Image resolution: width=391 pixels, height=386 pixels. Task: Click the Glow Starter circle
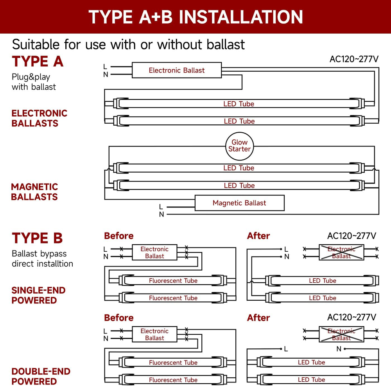(x=239, y=146)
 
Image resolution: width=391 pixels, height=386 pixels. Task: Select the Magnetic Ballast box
(x=239, y=203)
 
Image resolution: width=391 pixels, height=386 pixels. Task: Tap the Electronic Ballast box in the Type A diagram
(x=177, y=70)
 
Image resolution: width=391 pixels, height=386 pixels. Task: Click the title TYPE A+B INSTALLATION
(x=195, y=17)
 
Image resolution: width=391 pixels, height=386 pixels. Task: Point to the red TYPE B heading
(x=37, y=238)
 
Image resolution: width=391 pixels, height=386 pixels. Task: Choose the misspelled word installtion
(x=54, y=263)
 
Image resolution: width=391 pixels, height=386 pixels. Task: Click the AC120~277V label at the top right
(x=354, y=59)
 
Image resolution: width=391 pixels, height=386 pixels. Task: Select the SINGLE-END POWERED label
(x=38, y=295)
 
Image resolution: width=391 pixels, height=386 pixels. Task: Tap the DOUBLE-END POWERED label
(x=41, y=376)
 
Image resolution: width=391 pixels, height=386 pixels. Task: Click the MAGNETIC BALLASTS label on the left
(x=34, y=192)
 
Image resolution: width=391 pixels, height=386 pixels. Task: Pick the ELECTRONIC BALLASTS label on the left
(x=39, y=118)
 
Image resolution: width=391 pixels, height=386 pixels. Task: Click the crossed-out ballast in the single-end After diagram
(x=341, y=253)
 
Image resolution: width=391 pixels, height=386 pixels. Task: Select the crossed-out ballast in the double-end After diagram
(x=341, y=334)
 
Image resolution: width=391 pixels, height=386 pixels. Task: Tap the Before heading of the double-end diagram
(x=118, y=317)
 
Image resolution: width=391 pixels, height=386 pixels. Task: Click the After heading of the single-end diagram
(x=258, y=236)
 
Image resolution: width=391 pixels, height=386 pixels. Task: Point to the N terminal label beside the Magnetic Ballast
(x=161, y=215)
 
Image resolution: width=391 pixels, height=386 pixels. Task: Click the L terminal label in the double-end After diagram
(x=286, y=349)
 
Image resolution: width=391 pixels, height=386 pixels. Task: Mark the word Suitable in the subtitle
(x=36, y=44)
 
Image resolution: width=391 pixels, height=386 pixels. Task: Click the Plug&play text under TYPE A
(x=31, y=77)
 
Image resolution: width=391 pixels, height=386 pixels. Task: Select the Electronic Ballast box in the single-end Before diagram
(x=154, y=253)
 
